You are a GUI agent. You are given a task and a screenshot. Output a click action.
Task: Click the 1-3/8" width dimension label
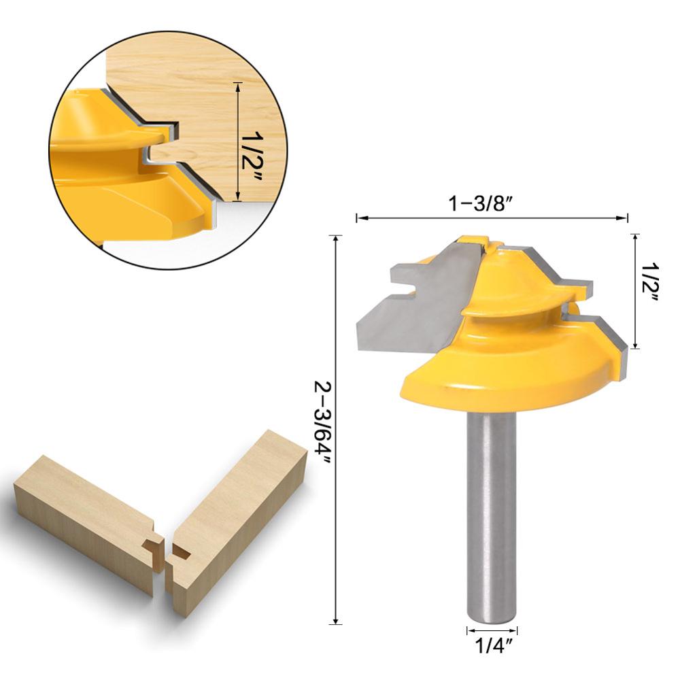(491, 203)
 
